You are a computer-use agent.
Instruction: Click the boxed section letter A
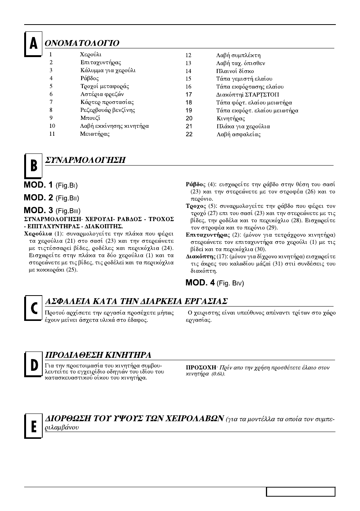[x=33, y=44]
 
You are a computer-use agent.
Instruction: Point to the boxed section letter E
[x=33, y=426]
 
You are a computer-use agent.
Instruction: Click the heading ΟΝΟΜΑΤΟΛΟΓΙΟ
[x=82, y=43]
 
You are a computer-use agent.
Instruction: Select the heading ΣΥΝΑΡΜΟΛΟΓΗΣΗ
[x=85, y=160]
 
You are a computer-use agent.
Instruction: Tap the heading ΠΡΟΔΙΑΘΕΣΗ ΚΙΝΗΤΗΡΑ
[x=98, y=355]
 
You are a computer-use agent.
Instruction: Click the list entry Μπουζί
[x=90, y=118]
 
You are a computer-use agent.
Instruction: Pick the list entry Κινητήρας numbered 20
[x=231, y=119]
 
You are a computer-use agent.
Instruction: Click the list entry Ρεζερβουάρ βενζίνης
[x=108, y=110]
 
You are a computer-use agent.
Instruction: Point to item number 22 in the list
[x=189, y=134]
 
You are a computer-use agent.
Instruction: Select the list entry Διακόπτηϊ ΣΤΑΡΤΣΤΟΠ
[x=248, y=94]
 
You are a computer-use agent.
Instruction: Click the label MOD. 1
[x=38, y=185]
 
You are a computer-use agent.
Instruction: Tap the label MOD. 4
[x=200, y=283]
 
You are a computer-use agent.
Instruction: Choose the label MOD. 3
[x=38, y=210]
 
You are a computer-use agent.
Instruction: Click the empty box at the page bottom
[x=301, y=492]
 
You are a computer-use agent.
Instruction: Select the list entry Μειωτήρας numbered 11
[x=95, y=134]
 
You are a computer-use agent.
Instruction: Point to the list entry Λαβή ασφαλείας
[x=238, y=134]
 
